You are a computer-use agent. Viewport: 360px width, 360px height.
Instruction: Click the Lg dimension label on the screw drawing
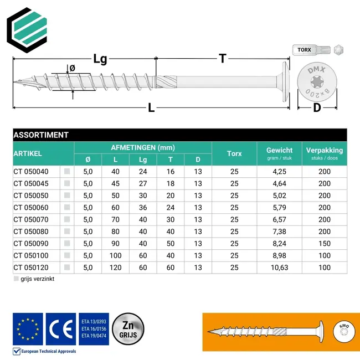click(x=100, y=59)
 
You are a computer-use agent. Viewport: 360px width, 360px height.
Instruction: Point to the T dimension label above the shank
click(x=223, y=58)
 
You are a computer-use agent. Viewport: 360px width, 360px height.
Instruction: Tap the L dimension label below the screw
click(x=151, y=109)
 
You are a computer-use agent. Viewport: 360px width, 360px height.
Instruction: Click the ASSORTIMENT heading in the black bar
click(x=41, y=135)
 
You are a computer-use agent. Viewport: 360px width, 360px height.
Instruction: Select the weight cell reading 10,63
click(x=279, y=267)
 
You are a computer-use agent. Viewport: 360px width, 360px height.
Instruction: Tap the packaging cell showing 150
click(x=324, y=243)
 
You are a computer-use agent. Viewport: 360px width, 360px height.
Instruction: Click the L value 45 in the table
click(x=115, y=183)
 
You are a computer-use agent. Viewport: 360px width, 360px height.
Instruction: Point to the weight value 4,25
click(x=279, y=172)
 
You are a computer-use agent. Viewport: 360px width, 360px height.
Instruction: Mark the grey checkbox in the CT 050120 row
click(x=67, y=267)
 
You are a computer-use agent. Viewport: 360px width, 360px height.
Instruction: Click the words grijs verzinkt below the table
click(x=38, y=279)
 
